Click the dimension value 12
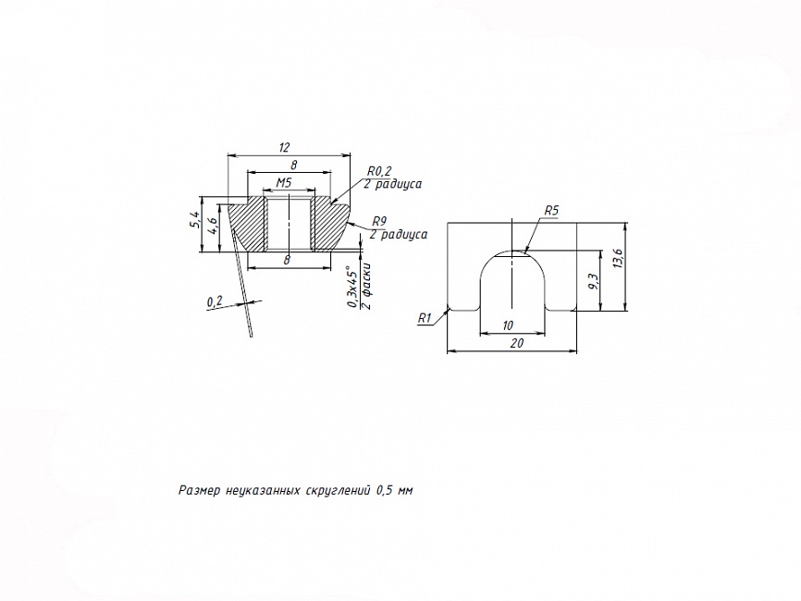tap(285, 148)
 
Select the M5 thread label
tap(284, 182)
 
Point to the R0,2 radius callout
tap(379, 172)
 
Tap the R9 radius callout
tap(379, 221)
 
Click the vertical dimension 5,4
tap(194, 221)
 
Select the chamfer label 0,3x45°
tap(352, 287)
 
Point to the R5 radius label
tap(551, 211)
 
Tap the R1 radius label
tap(425, 319)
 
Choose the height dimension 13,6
tap(618, 259)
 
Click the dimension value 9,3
tap(593, 281)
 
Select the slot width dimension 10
tap(508, 325)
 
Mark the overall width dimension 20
tap(517, 343)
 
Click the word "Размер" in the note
tap(199, 491)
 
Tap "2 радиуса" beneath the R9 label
tap(399, 234)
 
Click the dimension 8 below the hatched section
tap(287, 260)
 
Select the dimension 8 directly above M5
tap(294, 165)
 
